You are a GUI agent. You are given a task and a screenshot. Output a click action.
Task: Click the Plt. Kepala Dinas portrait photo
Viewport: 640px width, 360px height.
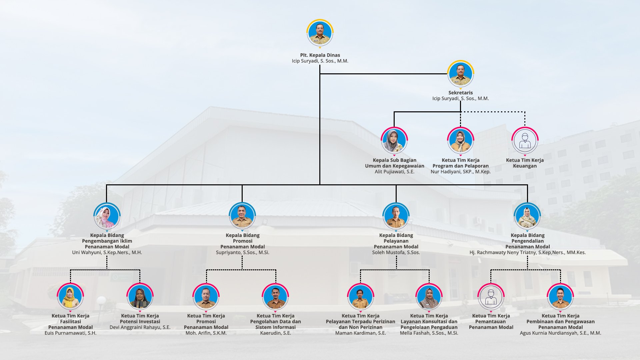click(x=320, y=33)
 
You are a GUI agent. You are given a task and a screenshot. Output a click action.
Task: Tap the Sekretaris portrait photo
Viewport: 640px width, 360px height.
click(x=460, y=74)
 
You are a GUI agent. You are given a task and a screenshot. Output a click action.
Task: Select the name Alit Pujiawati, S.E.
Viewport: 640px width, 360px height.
click(x=394, y=172)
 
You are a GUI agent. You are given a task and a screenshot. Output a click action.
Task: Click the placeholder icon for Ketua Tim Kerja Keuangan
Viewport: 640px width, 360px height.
click(x=525, y=141)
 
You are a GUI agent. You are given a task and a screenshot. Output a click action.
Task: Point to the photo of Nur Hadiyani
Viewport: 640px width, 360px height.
click(x=460, y=141)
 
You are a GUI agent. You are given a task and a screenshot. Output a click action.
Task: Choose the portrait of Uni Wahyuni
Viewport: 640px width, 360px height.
click(x=107, y=216)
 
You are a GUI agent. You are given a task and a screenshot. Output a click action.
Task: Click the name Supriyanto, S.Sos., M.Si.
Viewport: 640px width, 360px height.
click(x=242, y=252)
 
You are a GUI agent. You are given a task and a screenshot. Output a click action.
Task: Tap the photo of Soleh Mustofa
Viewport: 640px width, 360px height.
click(x=396, y=216)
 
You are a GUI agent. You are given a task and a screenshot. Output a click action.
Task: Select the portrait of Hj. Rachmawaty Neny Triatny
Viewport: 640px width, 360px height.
click(x=527, y=216)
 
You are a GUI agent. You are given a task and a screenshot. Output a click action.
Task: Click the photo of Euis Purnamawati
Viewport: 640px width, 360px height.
click(x=70, y=297)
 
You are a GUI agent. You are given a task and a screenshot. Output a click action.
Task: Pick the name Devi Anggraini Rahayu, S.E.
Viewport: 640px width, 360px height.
click(x=140, y=327)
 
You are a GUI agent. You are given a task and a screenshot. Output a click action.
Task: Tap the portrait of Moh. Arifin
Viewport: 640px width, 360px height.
click(x=206, y=297)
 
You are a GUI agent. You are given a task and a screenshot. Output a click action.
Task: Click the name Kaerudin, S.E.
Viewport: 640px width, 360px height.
click(x=275, y=333)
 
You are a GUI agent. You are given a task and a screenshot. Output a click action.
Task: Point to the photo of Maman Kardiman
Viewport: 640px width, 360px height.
click(x=360, y=297)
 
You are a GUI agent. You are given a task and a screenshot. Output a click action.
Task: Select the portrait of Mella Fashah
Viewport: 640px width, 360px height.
click(x=429, y=297)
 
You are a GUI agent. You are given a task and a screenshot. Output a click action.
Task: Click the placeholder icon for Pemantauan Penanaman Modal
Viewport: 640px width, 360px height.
click(x=491, y=297)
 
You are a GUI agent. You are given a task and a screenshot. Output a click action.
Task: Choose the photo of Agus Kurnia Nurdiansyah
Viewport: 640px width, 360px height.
click(x=560, y=297)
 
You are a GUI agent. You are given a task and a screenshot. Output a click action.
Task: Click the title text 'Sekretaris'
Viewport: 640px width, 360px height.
click(x=460, y=93)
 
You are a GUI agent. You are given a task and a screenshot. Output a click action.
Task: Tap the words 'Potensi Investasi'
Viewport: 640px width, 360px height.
click(x=140, y=322)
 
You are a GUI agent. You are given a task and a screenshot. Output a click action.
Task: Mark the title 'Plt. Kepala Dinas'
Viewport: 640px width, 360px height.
click(x=320, y=55)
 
